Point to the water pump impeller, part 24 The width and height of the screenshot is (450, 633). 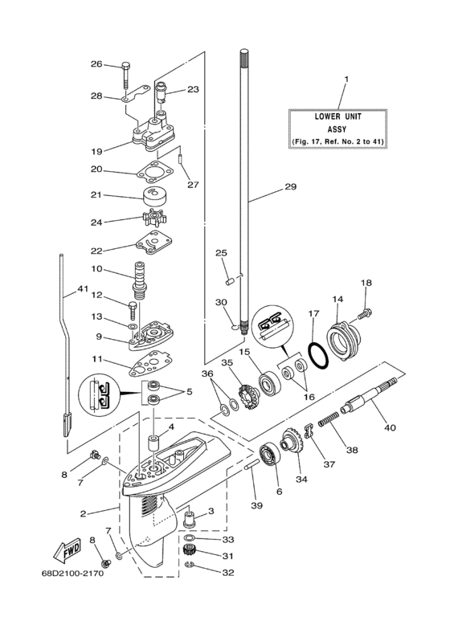pos(150,218)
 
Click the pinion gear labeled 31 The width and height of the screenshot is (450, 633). pos(191,552)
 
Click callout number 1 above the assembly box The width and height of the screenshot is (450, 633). pos(346,80)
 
